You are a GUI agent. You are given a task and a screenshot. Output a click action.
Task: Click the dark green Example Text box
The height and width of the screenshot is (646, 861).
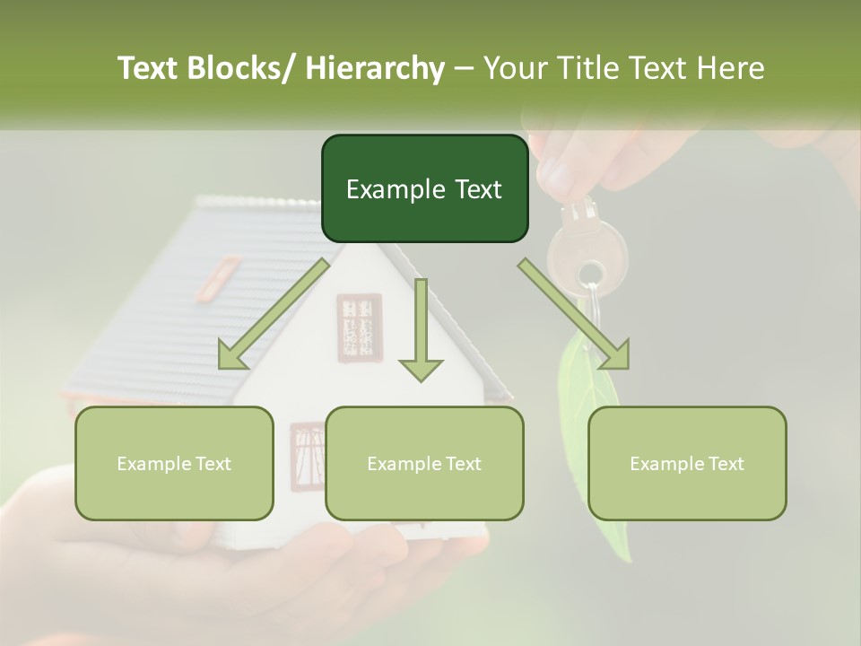(424, 188)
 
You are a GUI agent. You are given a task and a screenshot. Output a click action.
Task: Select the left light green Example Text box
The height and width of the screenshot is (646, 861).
(174, 463)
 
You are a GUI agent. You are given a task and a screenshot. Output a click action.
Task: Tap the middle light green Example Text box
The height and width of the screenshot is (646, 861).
(424, 463)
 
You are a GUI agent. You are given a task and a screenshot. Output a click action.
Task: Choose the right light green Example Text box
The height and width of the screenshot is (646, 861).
(687, 463)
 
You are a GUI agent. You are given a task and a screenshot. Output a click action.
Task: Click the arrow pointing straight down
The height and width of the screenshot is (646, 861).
(421, 330)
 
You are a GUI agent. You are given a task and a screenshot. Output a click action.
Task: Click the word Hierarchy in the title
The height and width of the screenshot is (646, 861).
(375, 68)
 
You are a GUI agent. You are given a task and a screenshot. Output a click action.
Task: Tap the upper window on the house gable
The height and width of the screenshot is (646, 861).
(360, 327)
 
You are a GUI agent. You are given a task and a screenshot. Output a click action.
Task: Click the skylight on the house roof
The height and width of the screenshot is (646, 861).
(220, 276)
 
